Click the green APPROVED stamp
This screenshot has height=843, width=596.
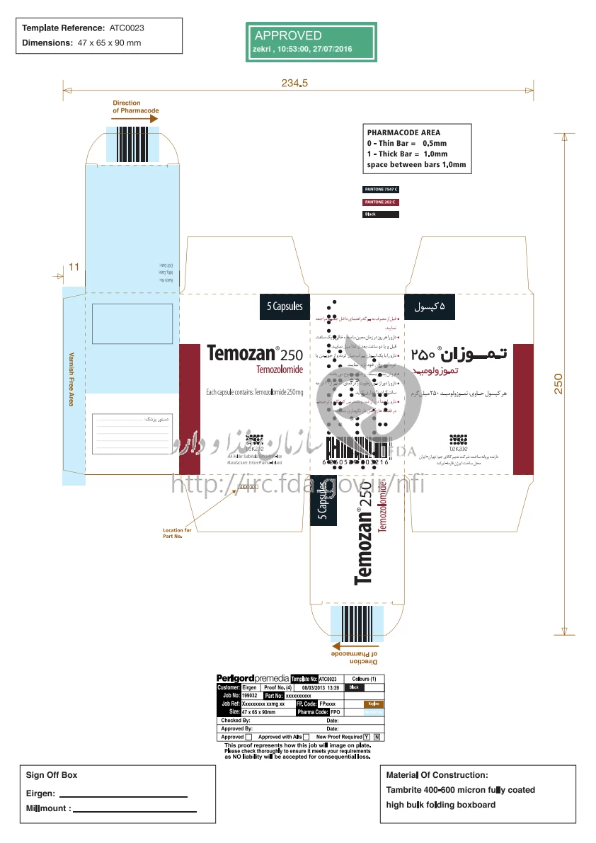pos(311,42)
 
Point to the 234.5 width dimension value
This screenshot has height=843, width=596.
pos(294,84)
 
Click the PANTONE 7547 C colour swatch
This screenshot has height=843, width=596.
pos(381,190)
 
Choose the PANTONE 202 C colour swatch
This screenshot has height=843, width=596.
pos(381,202)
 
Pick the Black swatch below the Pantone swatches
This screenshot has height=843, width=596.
pos(381,214)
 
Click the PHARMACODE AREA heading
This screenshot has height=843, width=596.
pos(403,132)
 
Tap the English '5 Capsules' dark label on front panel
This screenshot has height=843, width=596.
pos(285,306)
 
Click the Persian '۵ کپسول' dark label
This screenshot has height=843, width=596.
pos(430,306)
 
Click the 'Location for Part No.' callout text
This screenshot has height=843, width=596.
pos(177,533)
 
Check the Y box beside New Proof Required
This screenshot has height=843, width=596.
pos(366,737)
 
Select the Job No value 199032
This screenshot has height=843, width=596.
pos(250,696)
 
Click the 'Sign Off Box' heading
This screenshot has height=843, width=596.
pos(52,775)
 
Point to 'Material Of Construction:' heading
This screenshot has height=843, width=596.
pos(437,775)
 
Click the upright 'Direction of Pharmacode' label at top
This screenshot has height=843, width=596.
pos(135,107)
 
